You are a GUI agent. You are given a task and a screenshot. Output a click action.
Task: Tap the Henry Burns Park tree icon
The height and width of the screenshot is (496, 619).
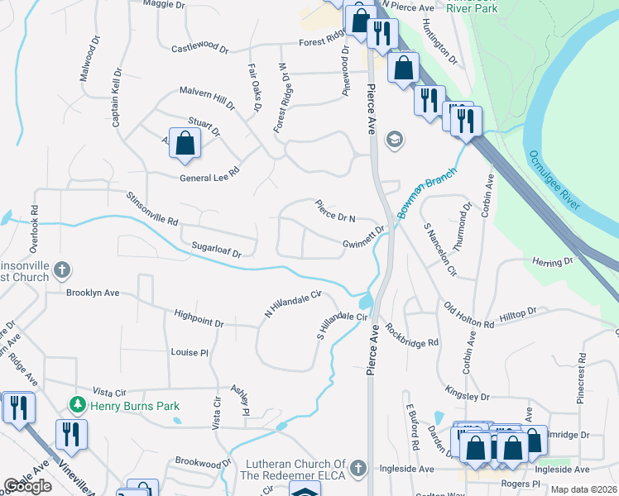(77, 403)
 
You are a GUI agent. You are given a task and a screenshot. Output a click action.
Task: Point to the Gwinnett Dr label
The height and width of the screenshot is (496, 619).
(364, 238)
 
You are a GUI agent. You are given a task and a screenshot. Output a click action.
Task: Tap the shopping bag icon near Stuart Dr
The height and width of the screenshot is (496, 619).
(185, 142)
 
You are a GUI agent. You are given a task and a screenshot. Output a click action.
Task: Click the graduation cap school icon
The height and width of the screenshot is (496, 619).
(393, 139)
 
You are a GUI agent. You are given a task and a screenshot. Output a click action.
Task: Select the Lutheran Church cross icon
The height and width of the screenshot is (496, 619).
(357, 469)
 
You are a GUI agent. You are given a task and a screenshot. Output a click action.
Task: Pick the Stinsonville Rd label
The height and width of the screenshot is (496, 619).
(151, 209)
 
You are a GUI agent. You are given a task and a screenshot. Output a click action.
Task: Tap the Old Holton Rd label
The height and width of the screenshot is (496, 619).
(468, 316)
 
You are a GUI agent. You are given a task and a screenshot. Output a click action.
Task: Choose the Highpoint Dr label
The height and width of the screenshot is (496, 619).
(199, 318)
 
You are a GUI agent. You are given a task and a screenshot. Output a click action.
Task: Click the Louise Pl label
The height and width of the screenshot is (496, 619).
(190, 352)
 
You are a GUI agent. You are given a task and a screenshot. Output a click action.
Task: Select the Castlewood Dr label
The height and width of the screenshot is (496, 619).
(199, 49)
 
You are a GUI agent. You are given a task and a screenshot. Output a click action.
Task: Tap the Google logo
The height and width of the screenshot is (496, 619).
(28, 485)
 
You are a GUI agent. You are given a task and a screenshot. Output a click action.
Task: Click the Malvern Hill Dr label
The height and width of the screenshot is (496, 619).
(208, 98)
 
